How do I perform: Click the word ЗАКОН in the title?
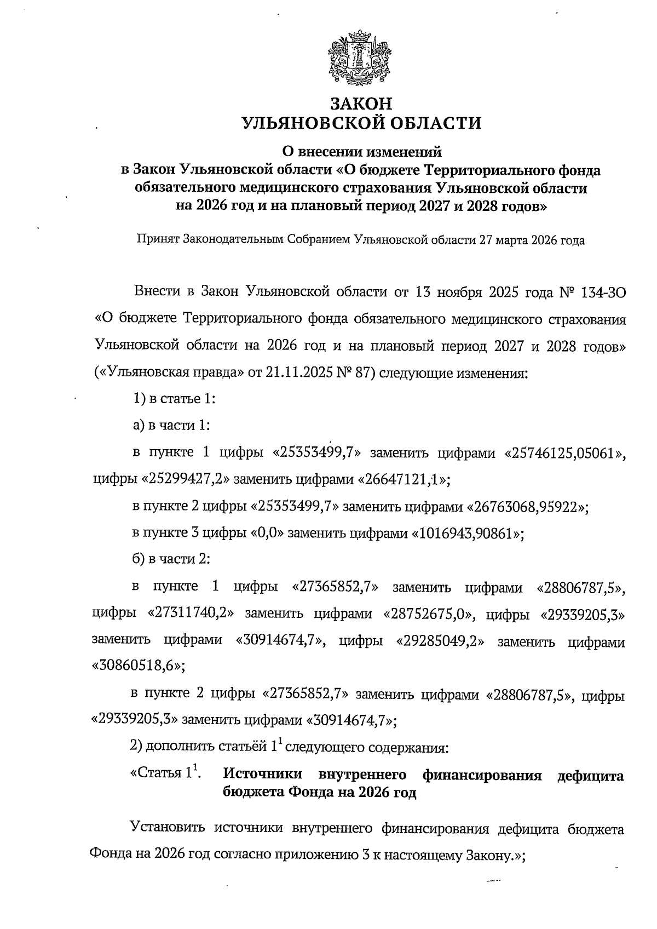pos(361,103)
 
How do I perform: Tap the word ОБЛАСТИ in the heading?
pos(430,123)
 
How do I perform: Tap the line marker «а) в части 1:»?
pos(171,426)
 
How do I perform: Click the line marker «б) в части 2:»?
pos(171,560)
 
